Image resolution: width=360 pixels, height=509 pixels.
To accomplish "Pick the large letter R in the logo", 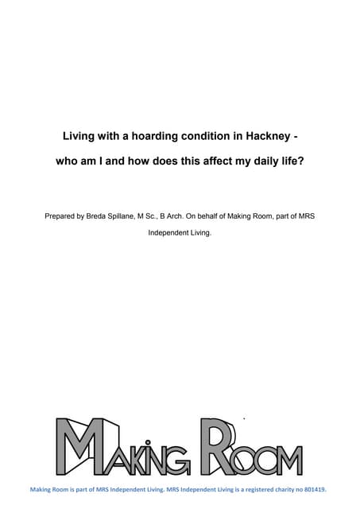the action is [218, 445].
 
